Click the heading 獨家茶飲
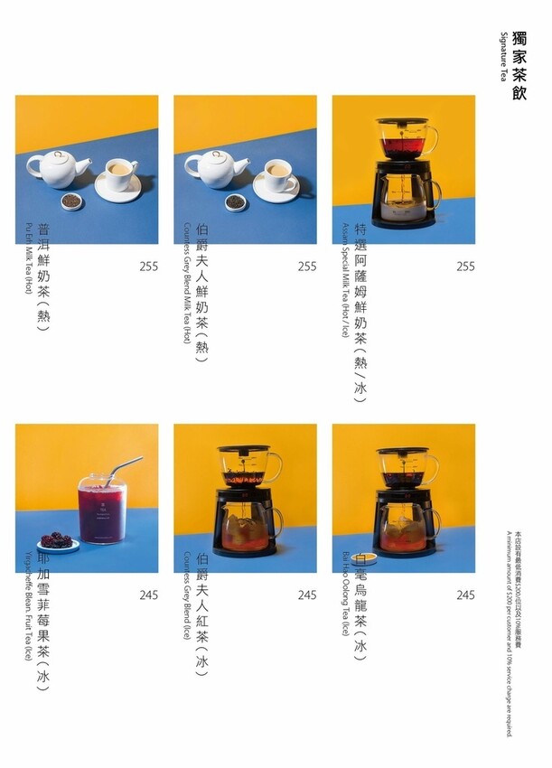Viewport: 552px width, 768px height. pos(519,64)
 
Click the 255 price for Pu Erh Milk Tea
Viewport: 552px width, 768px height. pos(149,267)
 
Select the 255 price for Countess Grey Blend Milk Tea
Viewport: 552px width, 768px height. pos(307,267)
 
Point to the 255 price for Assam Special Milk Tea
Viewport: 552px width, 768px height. pos(465,267)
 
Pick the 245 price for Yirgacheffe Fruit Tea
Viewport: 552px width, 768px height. pos(149,595)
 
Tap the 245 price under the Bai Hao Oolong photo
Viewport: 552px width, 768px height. pos(465,595)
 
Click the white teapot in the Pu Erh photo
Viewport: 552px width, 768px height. pos(57,168)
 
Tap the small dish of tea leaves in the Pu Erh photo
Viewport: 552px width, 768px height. pos(73,201)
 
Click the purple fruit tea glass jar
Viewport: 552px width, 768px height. pos(102,510)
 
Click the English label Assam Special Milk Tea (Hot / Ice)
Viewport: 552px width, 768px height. pos(345,279)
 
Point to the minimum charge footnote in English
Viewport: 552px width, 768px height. pos(510,632)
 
